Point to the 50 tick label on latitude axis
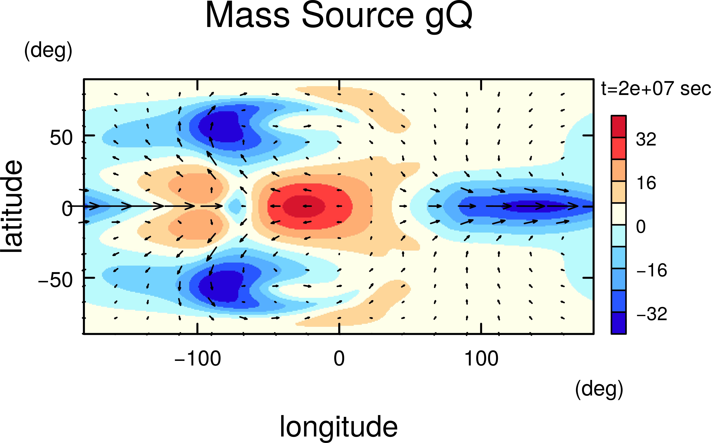click(x=61, y=138)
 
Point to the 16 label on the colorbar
click(x=646, y=183)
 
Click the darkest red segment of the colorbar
click(x=618, y=126)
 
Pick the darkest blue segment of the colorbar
click(x=618, y=323)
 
